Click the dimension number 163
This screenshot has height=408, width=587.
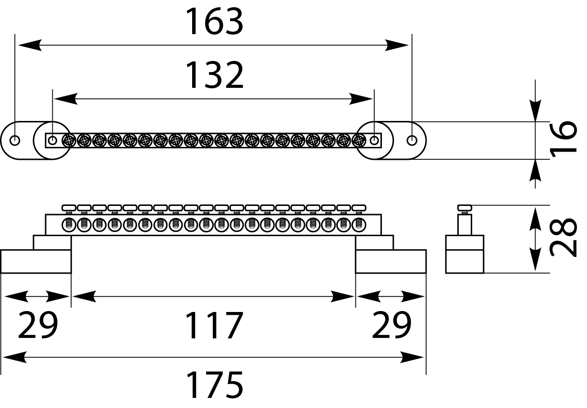point(215,22)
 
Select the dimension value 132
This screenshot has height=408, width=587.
point(215,76)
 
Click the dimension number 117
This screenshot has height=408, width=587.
point(215,326)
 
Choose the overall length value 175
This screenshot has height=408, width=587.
point(215,385)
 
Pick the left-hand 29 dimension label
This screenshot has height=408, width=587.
point(37,326)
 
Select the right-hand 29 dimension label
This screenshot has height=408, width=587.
point(391,326)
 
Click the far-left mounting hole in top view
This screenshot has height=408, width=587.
point(15,141)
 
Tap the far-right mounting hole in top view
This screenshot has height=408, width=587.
point(412,141)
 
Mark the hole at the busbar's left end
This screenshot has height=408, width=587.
point(53,141)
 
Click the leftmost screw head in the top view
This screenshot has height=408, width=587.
point(69,141)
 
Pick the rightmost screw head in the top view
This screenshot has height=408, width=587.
point(359,141)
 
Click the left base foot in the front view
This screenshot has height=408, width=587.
point(36,262)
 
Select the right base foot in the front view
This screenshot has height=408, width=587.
point(391,262)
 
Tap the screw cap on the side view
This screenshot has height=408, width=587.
point(465,208)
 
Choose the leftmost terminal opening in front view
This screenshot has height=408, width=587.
point(69,224)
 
